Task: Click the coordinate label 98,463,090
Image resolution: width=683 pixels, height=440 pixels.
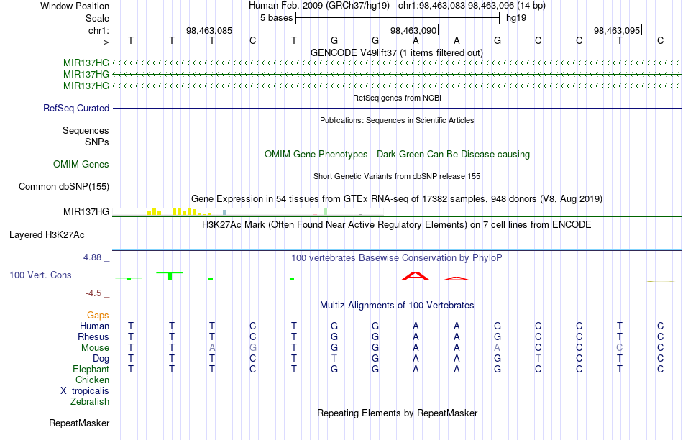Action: pos(413,31)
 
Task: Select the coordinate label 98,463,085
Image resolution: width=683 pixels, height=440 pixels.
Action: pos(208,31)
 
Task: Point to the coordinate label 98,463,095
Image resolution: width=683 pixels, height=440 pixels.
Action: pos(617,31)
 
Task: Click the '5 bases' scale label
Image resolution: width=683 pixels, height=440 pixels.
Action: pos(276,17)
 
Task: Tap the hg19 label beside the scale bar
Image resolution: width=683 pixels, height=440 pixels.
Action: pos(518,17)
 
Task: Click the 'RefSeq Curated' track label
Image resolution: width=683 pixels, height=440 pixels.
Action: pos(76,109)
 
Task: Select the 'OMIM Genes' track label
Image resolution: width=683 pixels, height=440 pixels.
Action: pos(81,165)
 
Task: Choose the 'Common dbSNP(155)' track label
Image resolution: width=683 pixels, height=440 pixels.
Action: pos(63,187)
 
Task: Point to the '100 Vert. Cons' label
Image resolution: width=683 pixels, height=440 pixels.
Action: pos(40,275)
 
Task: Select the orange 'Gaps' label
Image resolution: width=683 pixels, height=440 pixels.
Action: pos(98,315)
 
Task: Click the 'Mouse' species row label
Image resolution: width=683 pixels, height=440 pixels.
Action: pos(95,347)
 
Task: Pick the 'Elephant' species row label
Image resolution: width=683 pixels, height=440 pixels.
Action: pos(91,369)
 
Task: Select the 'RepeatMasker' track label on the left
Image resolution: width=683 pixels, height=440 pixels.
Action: pos(79,423)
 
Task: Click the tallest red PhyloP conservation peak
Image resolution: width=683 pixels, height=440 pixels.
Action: pos(415,275)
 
